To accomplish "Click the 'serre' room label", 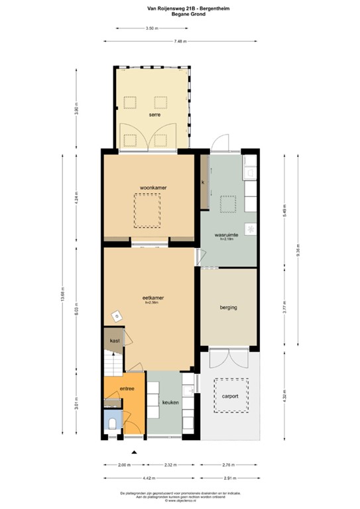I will [x=154, y=114].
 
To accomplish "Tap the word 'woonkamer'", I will [x=148, y=188].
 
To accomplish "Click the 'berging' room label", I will [x=229, y=308].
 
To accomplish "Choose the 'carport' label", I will [x=230, y=396].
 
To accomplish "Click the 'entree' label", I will [x=128, y=389].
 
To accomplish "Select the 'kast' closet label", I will [x=115, y=341].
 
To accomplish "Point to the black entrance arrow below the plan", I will [x=135, y=451].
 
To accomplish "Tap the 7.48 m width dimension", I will [x=179, y=41].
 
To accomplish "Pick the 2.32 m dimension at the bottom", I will [x=170, y=465].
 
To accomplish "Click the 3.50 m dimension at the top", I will [x=151, y=28].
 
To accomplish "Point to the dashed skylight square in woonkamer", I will [x=147, y=209].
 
